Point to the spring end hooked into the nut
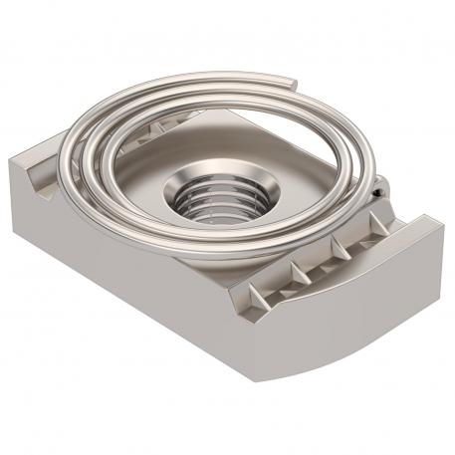[380, 185]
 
